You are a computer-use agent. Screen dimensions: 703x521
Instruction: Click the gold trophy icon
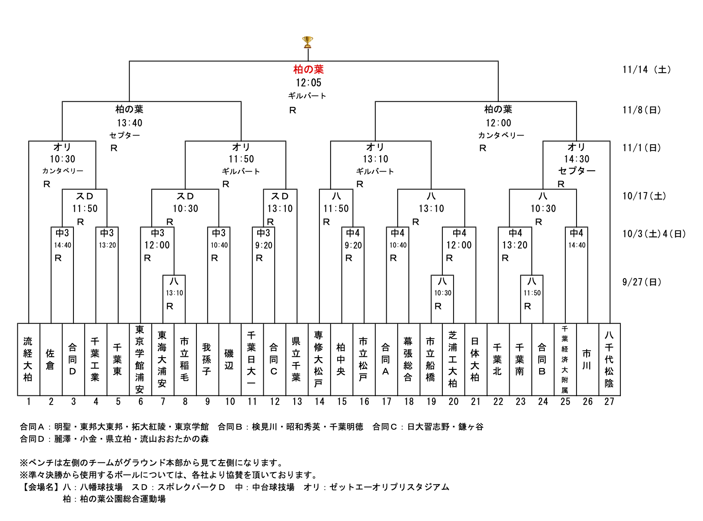(x=307, y=42)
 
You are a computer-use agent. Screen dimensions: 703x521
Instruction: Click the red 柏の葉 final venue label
(x=308, y=69)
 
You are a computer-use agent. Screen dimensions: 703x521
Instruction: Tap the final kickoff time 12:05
(x=308, y=83)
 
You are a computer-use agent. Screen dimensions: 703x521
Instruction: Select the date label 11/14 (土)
(x=646, y=70)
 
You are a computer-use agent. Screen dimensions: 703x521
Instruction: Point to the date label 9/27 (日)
(x=641, y=282)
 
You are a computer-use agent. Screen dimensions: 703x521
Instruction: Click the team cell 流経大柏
(x=28, y=359)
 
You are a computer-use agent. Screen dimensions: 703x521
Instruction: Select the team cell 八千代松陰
(x=609, y=359)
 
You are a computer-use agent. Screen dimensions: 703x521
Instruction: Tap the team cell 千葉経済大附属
(x=565, y=359)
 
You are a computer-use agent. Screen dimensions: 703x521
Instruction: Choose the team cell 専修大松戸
(x=318, y=359)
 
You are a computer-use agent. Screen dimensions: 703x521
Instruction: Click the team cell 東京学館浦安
(x=140, y=359)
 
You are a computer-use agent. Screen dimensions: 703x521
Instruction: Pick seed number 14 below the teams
(x=319, y=402)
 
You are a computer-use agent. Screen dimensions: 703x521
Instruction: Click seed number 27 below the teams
(x=609, y=402)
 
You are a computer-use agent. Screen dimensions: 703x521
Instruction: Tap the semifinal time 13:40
(x=129, y=123)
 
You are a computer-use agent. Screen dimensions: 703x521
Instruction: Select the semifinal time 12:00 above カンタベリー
(x=498, y=123)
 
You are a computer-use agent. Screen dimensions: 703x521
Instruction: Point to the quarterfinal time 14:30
(x=577, y=159)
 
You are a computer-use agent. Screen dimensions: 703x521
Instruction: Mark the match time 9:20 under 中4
(x=353, y=245)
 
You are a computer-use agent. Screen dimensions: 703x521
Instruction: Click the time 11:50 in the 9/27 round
(x=532, y=293)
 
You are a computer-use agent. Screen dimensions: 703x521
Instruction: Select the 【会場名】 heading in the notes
(x=40, y=487)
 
